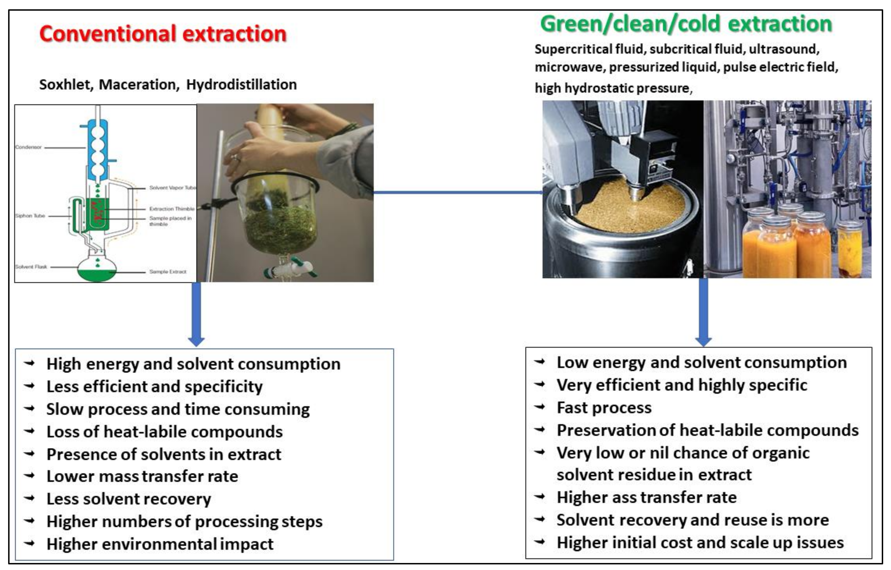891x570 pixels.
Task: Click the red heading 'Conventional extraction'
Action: (x=163, y=34)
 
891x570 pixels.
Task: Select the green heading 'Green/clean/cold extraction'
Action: (x=686, y=24)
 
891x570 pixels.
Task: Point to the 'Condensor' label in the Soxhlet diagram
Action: (x=28, y=147)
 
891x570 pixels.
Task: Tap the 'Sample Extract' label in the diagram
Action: (x=168, y=272)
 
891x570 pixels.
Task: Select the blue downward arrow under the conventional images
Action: (x=196, y=315)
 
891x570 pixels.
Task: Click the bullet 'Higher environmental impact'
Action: (x=160, y=544)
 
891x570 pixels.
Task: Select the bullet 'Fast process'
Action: (x=604, y=408)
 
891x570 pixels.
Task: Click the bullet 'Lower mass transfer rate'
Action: (x=142, y=476)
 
